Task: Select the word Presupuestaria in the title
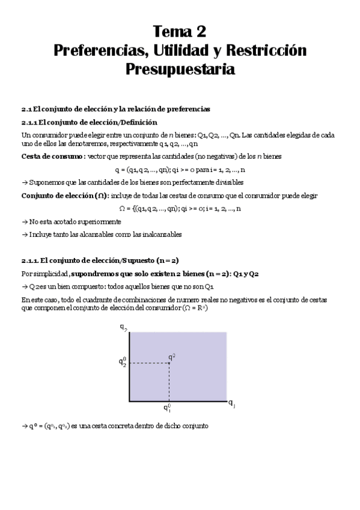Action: click(180, 69)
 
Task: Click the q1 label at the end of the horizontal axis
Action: click(231, 404)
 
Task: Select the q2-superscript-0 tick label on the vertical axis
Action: click(123, 362)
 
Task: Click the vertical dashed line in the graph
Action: click(169, 382)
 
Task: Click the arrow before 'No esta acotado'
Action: click(24, 221)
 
